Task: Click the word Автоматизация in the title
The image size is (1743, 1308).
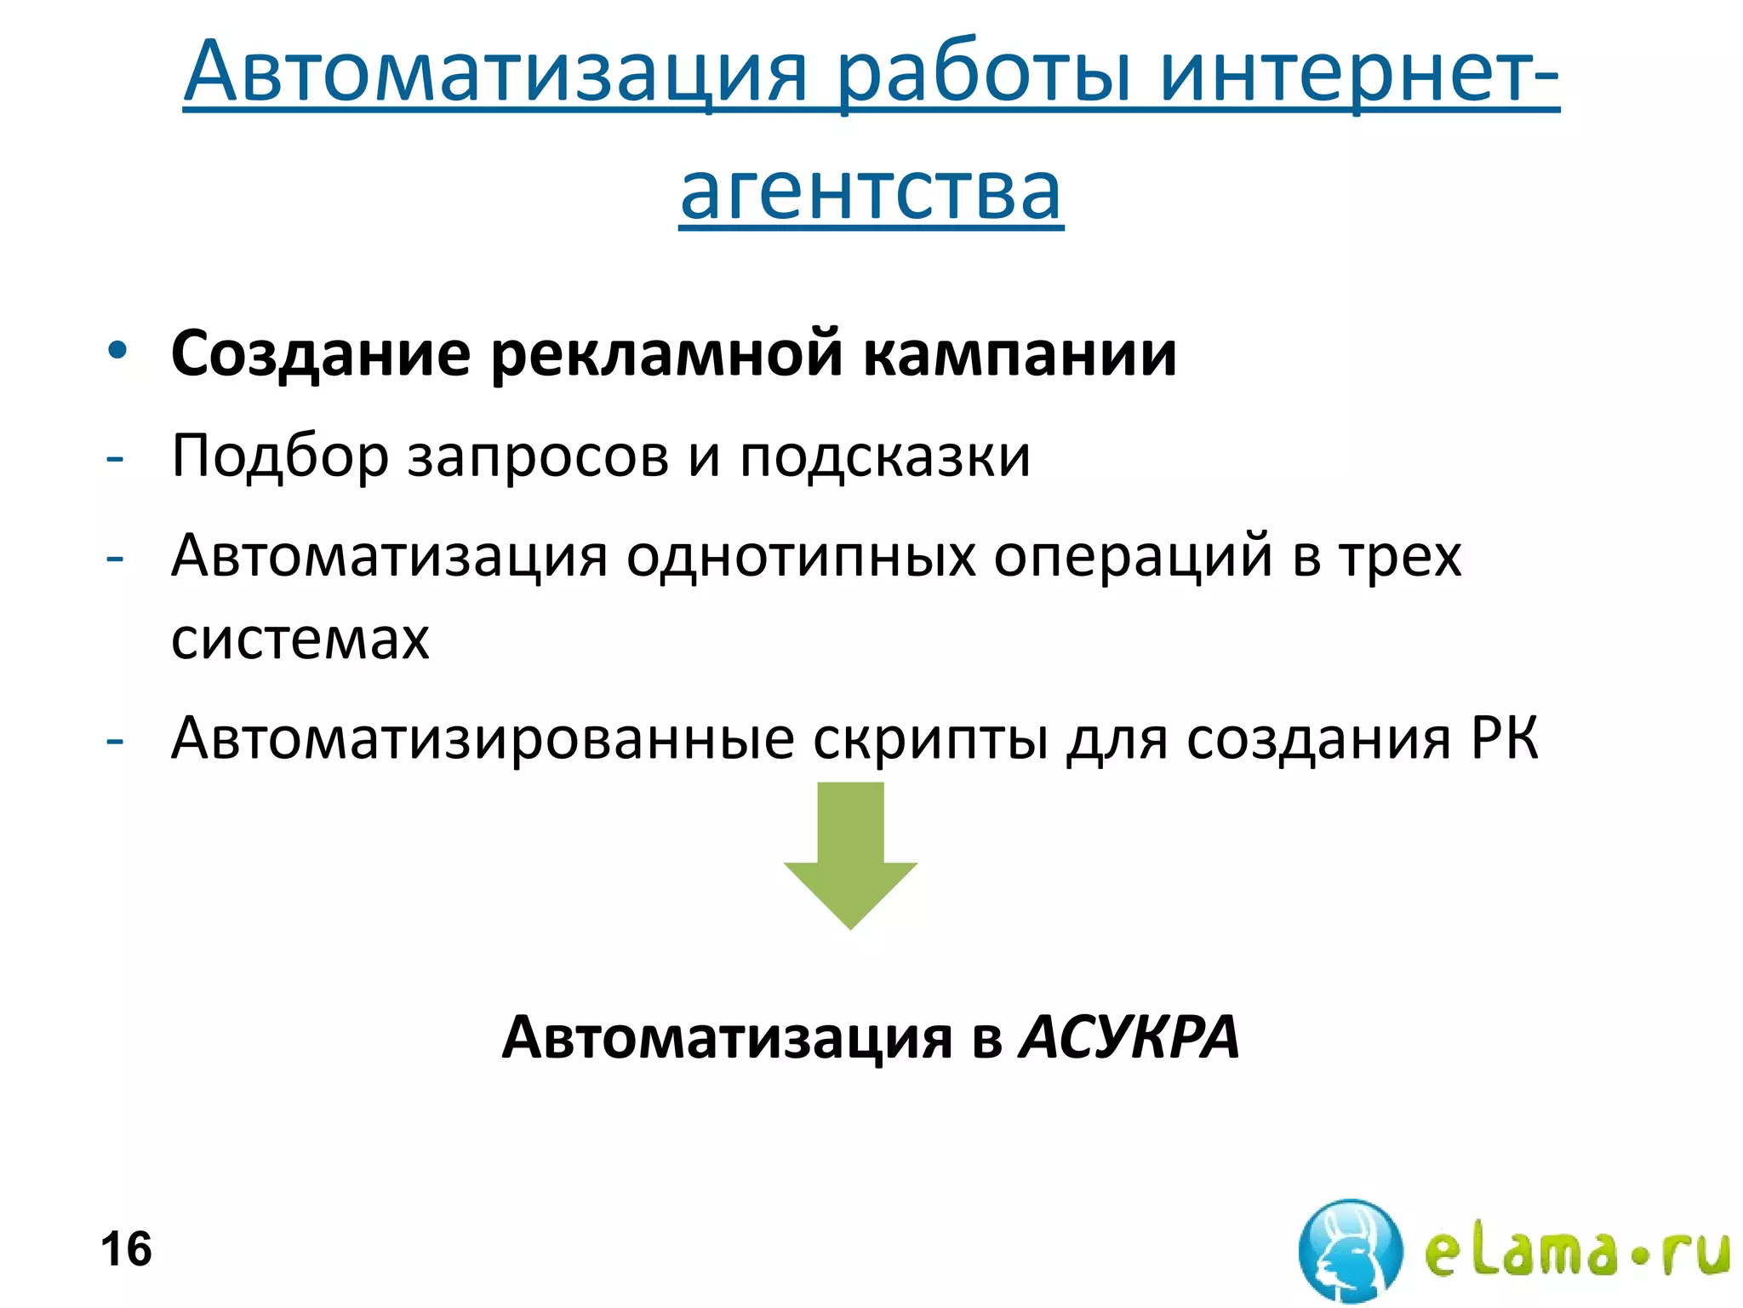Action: point(494,72)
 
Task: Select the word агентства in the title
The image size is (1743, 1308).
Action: point(871,192)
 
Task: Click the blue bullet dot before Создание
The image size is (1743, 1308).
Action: point(117,351)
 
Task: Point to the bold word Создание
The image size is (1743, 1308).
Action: point(320,353)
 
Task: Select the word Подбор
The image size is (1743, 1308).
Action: point(280,456)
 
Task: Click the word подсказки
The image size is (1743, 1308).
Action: point(884,456)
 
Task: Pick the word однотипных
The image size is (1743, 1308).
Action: point(801,556)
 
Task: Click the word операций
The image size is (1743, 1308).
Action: point(1133,556)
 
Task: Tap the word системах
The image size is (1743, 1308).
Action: point(300,639)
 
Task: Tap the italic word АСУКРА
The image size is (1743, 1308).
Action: point(1129,1038)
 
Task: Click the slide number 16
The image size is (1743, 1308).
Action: point(126,1249)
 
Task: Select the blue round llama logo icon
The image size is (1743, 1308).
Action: point(1350,1249)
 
